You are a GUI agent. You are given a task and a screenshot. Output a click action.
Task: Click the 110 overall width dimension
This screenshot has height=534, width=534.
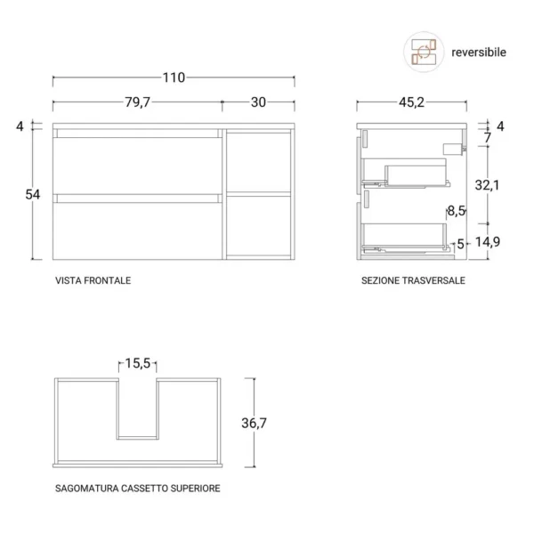[174, 77]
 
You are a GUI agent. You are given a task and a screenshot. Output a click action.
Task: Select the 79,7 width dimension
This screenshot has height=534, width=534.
[137, 101]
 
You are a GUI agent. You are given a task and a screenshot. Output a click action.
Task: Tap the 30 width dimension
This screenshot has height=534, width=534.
[258, 102]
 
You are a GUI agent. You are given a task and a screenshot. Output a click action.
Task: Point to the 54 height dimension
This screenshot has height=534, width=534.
[33, 194]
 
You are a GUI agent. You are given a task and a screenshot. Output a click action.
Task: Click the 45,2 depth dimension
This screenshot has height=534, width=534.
[411, 102]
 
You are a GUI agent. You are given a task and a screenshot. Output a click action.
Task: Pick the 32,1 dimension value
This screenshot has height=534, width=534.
[487, 185]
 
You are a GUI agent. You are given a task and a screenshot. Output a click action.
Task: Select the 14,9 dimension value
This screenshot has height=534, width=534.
[488, 242]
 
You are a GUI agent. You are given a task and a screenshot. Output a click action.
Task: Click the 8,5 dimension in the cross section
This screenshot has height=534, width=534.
[457, 211]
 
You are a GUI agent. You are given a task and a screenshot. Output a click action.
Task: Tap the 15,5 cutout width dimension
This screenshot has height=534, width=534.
[138, 363]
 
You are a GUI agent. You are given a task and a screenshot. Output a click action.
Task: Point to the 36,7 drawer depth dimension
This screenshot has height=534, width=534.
[254, 423]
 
